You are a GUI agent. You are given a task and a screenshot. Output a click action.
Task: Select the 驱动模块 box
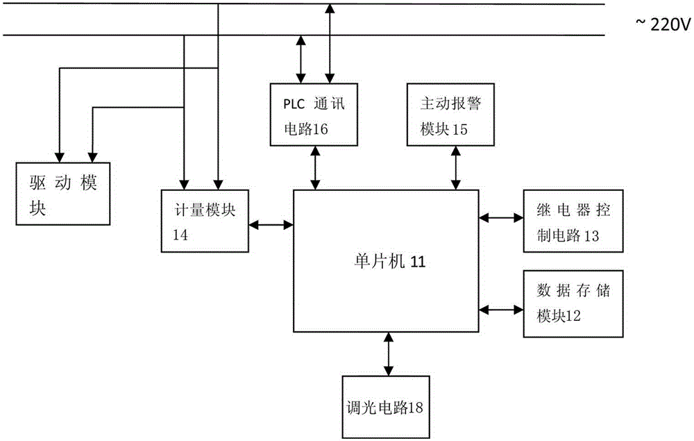click(62, 193)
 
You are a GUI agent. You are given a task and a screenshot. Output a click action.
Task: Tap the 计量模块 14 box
click(205, 221)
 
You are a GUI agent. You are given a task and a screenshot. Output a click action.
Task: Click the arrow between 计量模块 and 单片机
click(271, 224)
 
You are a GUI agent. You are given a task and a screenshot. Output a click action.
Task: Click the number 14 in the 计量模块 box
click(180, 235)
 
